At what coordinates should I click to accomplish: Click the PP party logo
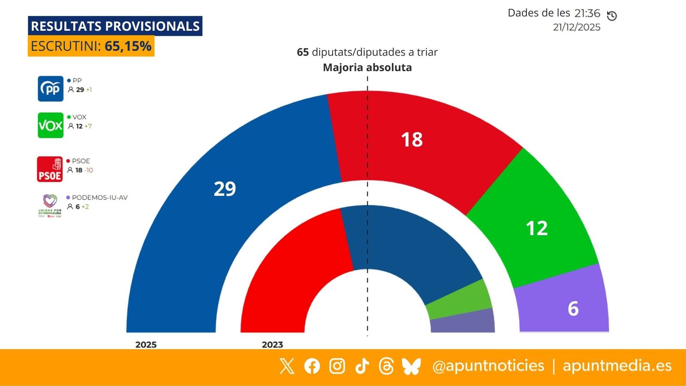(51, 89)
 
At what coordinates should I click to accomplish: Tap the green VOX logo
(51, 125)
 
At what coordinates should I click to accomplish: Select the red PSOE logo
(50, 169)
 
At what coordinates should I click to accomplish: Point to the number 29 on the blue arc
(225, 189)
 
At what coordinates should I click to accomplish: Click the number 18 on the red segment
(412, 140)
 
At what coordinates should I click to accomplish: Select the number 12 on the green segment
(537, 228)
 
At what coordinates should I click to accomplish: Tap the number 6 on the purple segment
(573, 309)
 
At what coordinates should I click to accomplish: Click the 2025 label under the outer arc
(146, 345)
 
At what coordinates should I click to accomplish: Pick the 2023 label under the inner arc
(272, 345)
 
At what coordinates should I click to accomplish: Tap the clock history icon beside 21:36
(612, 16)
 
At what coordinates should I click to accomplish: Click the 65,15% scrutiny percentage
(128, 46)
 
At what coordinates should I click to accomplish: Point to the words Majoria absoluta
(367, 68)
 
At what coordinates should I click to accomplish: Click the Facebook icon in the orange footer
(312, 366)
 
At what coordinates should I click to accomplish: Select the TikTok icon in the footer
(362, 366)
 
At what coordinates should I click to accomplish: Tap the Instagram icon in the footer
(337, 366)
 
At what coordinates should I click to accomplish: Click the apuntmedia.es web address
(617, 366)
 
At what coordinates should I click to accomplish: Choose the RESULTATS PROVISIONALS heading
(115, 26)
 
